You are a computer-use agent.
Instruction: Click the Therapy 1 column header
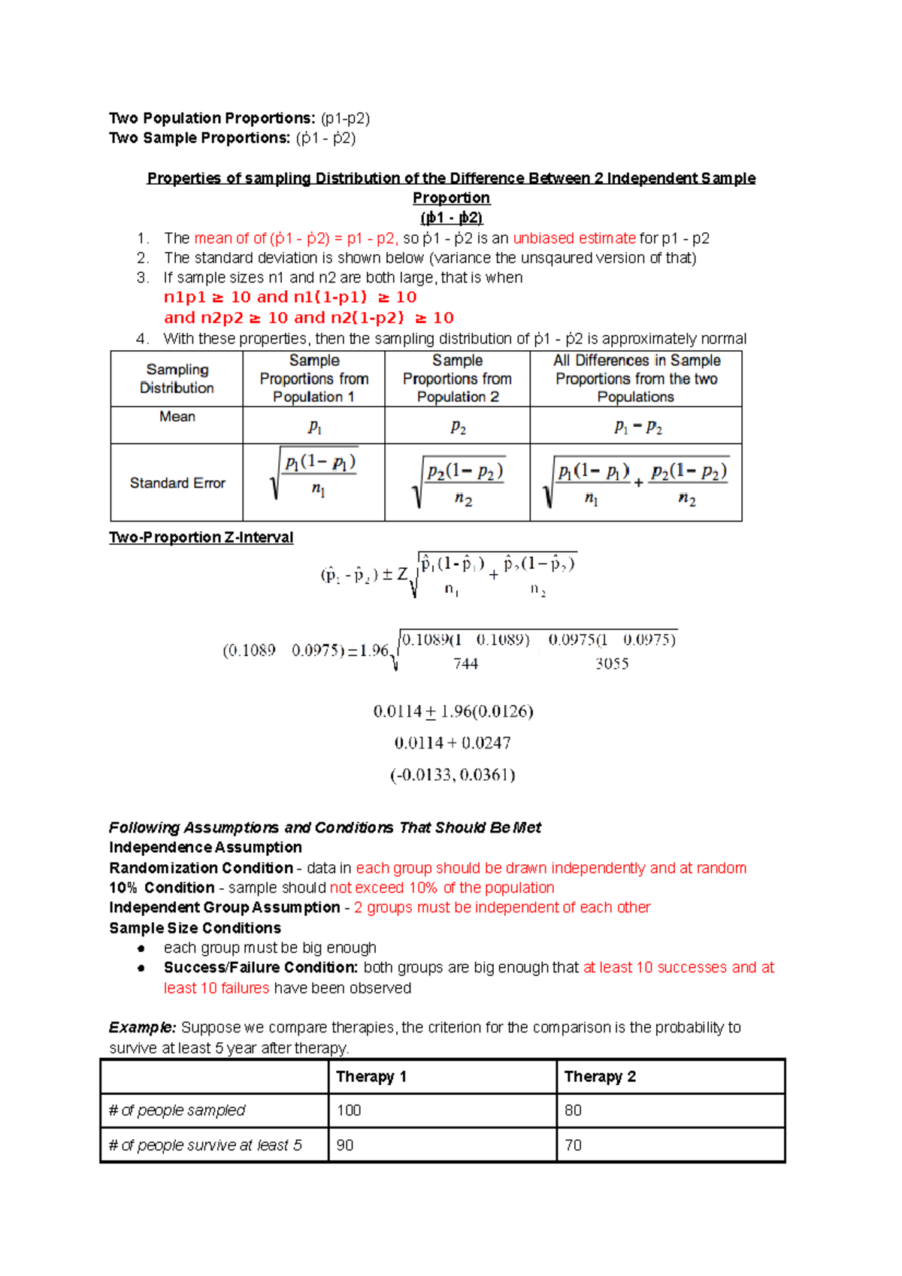pos(371,1076)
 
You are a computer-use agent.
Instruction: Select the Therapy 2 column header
pos(600,1076)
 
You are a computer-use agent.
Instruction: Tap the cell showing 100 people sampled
pos(349,1110)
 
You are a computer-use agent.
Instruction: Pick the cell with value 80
pos(573,1110)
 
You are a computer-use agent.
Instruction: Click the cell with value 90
pos(345,1144)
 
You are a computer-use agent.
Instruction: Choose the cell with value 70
pos(573,1144)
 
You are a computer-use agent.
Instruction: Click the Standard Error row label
pos(177,482)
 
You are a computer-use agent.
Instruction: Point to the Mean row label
pos(177,416)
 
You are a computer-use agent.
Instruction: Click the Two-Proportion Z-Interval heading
pos(201,537)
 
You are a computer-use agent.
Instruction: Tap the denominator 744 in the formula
pos(465,664)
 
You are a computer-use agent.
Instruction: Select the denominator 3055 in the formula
pos(612,664)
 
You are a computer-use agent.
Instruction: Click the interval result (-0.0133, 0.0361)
pos(453,775)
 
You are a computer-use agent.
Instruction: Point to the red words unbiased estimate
pos(574,238)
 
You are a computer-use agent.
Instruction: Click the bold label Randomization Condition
pos(201,868)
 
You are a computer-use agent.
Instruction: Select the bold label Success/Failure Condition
pos(260,967)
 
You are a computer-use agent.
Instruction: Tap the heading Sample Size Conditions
pos(195,928)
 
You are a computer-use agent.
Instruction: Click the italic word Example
pos(142,1027)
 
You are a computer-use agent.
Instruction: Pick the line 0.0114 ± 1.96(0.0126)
pos(453,711)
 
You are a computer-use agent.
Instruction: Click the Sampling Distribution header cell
pos(177,379)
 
